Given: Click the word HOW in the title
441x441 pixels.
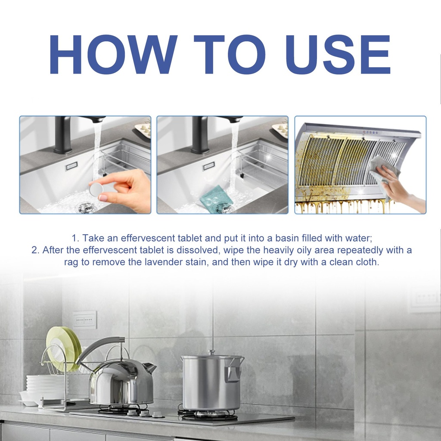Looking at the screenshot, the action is pos(113,54).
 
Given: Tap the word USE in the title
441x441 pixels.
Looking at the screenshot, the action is pos(338,54).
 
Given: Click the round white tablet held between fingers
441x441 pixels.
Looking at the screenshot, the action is pos(96,189).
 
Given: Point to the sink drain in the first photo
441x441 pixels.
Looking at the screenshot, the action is pos(87,208).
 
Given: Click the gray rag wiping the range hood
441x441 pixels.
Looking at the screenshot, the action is pos(384,173).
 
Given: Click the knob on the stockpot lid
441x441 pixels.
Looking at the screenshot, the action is pos(211,352).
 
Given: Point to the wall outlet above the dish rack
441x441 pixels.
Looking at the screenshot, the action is pos(85,320).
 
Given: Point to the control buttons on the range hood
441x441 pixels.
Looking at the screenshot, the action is pos(370,132).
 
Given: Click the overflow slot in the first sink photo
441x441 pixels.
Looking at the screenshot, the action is pos(71,167).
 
